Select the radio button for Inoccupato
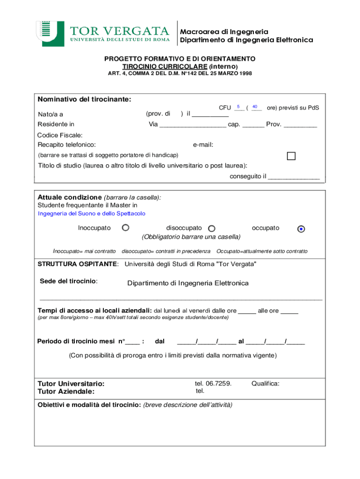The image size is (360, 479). pos(125,228)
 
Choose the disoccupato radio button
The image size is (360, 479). pos(211,229)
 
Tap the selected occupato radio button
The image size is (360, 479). pos(301,229)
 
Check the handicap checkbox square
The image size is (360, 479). pos(291,156)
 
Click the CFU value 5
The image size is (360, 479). pos(238,107)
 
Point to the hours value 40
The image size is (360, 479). pos(255,107)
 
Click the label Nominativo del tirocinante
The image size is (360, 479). pos(84,99)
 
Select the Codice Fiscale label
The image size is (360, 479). pos(60,135)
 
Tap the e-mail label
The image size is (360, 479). pos(203,145)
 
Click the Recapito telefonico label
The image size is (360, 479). pos(66,145)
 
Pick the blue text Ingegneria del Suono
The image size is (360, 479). pos(91,213)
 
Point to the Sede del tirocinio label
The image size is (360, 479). pos(68,281)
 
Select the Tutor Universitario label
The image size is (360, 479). pos(71,384)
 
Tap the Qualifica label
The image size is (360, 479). pos(265,384)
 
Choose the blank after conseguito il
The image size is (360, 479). pos(294,177)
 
